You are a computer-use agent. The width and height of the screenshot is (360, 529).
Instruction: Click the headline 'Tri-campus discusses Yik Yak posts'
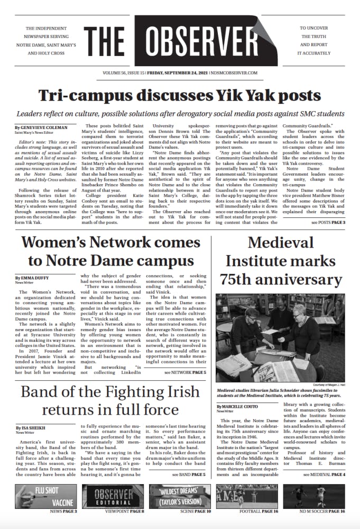point(180,95)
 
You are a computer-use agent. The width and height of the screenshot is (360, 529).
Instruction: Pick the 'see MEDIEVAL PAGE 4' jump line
point(324,475)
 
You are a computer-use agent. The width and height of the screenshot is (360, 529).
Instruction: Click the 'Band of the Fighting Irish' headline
point(110,400)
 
